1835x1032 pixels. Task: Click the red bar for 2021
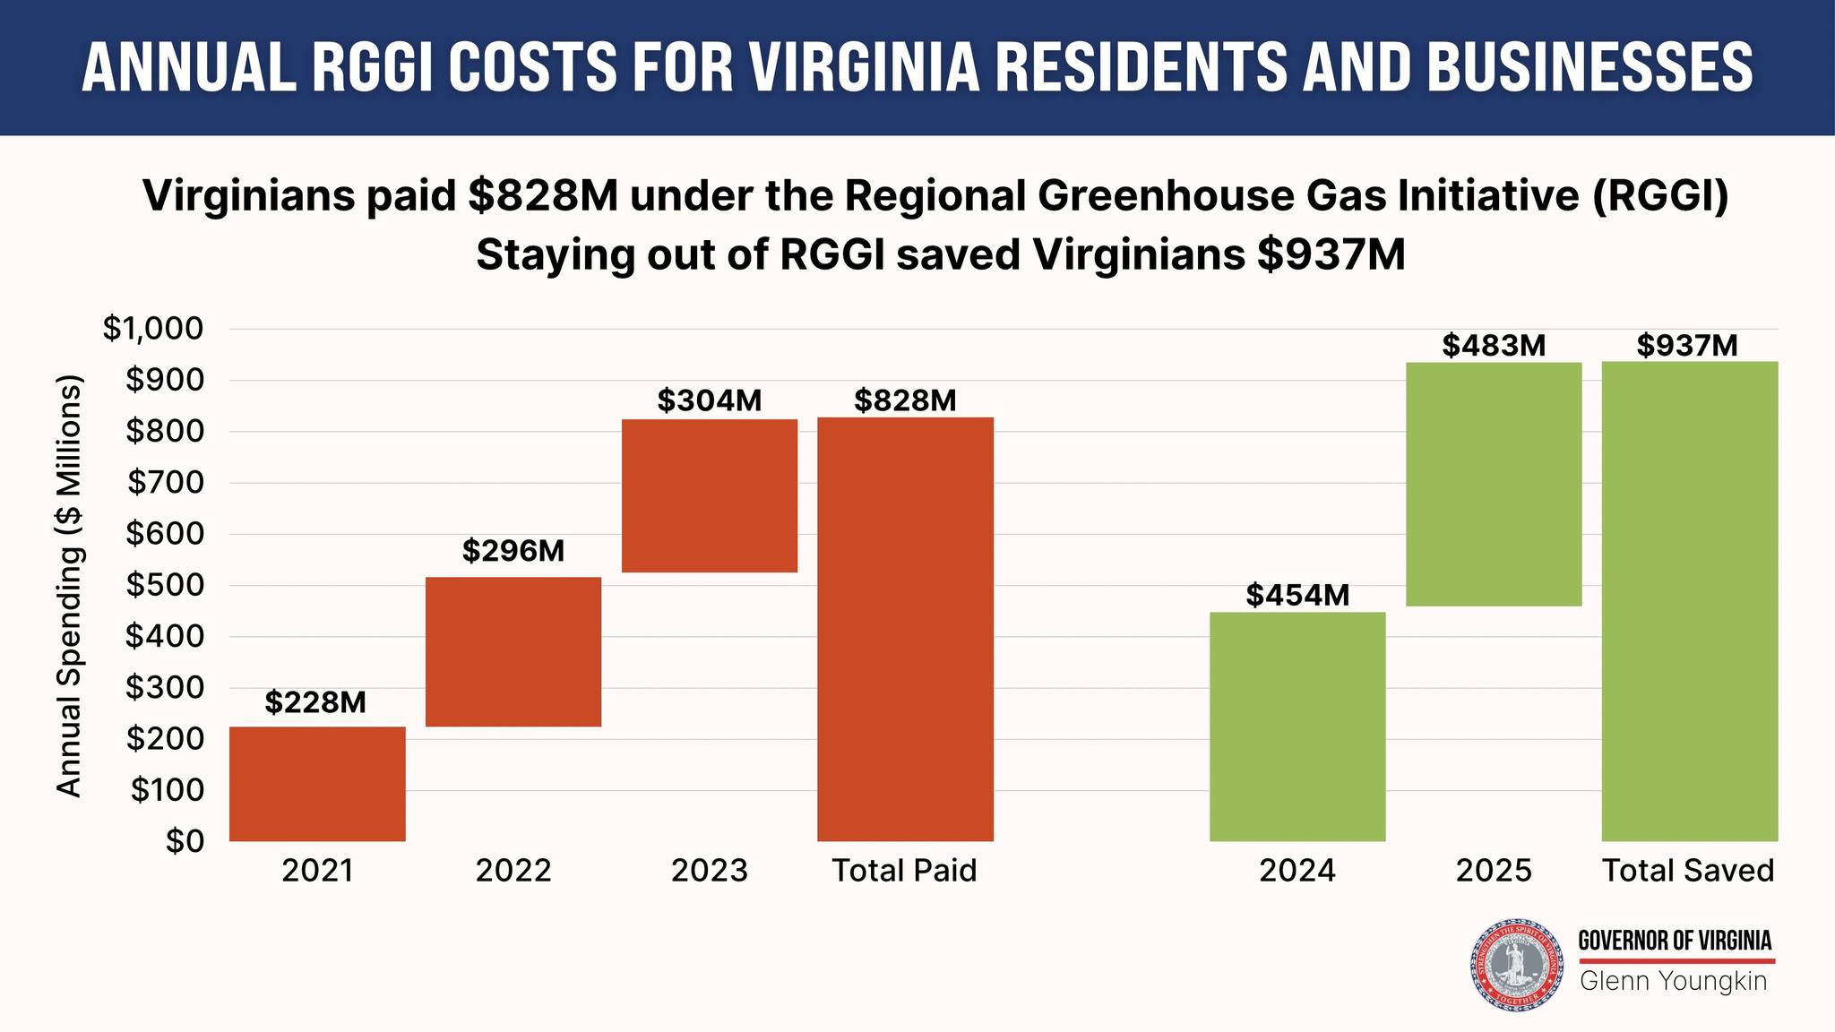click(x=317, y=784)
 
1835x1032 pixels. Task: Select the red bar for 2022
click(x=513, y=651)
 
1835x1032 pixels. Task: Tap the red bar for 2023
click(x=710, y=495)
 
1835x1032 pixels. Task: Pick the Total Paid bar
click(x=905, y=629)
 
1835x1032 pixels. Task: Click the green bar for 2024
click(x=1297, y=727)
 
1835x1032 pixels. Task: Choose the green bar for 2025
click(x=1494, y=484)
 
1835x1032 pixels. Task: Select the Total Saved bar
click(x=1689, y=601)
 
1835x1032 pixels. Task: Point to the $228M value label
click(x=315, y=703)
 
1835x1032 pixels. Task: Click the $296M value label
click(x=513, y=551)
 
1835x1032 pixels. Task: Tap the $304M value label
click(x=710, y=400)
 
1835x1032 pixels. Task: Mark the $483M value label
click(x=1494, y=345)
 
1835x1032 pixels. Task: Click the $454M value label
click(x=1297, y=595)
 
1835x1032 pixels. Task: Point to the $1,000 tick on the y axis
click(x=153, y=330)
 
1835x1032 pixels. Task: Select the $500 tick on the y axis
click(x=164, y=586)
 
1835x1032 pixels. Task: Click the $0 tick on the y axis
click(x=185, y=842)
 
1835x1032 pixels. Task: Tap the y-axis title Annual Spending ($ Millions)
click(x=69, y=586)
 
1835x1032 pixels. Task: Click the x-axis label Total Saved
click(x=1688, y=871)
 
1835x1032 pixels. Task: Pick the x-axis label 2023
click(x=710, y=871)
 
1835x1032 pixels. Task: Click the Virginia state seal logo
click(x=1517, y=965)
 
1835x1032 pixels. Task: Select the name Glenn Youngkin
click(x=1673, y=982)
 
